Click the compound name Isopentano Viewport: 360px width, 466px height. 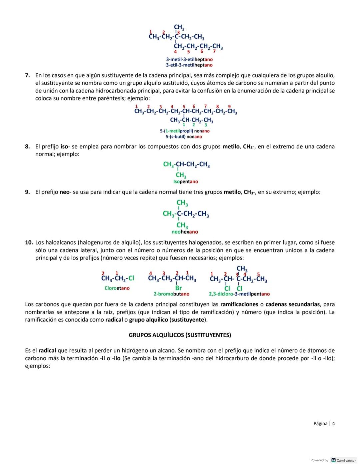pos(186,182)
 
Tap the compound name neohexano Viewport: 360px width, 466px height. pos(185,232)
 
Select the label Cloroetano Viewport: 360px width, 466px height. pos(117,288)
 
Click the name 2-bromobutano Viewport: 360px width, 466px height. pos(171,294)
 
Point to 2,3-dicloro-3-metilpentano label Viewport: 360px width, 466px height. pos(239,294)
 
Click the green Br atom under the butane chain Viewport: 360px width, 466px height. pos(178,288)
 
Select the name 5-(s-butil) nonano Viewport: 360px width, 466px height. pos(184,137)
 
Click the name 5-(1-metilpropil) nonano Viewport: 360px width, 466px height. pos(185,131)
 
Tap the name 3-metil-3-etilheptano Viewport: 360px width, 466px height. pos(189,59)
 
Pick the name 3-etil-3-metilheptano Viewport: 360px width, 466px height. pos(189,65)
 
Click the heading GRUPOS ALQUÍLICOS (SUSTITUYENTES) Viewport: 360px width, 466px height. pos(180,335)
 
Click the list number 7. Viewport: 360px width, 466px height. pos(28,75)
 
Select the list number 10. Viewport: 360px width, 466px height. pos(29,243)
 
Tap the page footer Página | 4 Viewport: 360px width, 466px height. pos(324,424)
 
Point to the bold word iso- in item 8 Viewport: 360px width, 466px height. pos(65,146)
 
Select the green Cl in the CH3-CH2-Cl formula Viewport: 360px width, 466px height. pos(131,278)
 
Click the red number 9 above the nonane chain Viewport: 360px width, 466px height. pos(229,106)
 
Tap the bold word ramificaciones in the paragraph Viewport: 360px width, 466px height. pos(239,304)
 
